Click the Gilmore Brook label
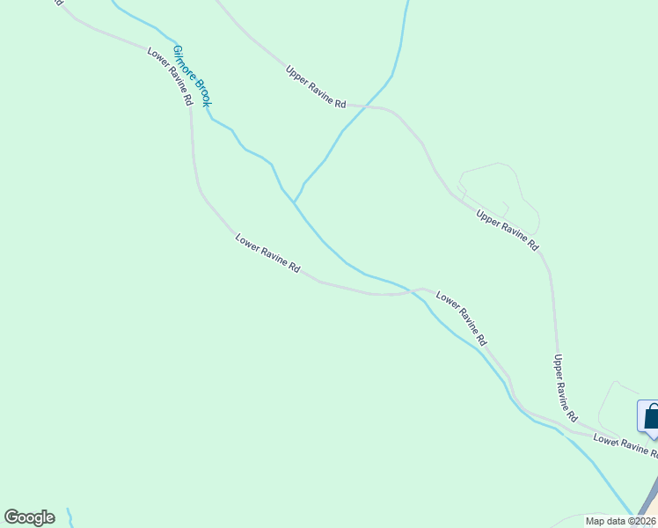click(x=193, y=77)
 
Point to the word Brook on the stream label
click(x=201, y=92)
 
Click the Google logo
click(x=29, y=517)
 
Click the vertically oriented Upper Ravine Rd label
click(x=565, y=387)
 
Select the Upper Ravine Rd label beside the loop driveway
click(x=507, y=231)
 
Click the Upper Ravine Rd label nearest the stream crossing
click(x=316, y=86)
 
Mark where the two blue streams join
click(x=295, y=203)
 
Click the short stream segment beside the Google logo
click(x=69, y=517)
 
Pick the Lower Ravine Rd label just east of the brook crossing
click(x=461, y=319)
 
